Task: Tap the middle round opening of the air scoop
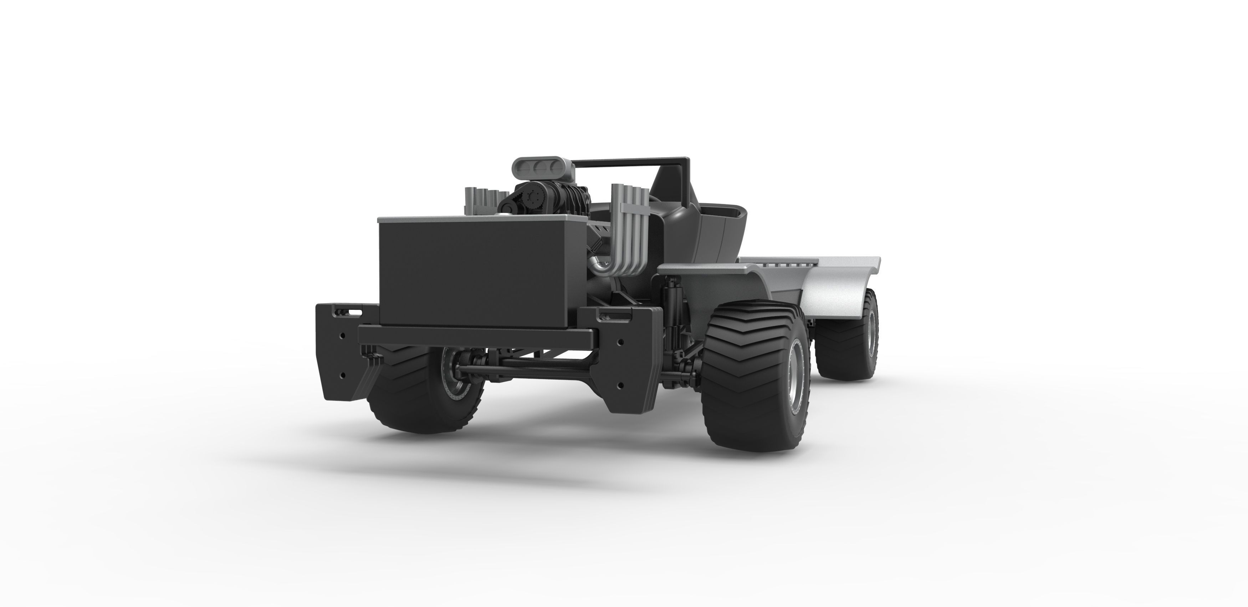pyautogui.click(x=539, y=169)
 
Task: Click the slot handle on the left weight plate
pyautogui.click(x=357, y=312)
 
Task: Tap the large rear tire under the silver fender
pyautogui.click(x=848, y=339)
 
